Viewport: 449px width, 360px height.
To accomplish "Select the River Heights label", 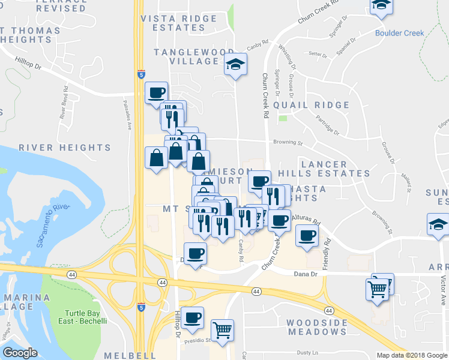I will point(65,147).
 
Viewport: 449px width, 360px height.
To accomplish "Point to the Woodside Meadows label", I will point(317,327).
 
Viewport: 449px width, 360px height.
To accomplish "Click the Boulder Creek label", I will point(399,34).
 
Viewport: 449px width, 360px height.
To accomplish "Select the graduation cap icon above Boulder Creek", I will point(380,7).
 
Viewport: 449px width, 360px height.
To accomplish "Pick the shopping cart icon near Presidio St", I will point(222,329).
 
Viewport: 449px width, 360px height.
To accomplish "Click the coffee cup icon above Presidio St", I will point(193,317).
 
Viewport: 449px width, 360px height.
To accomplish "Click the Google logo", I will point(20,353).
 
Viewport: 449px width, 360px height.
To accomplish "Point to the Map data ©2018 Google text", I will point(412,355).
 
